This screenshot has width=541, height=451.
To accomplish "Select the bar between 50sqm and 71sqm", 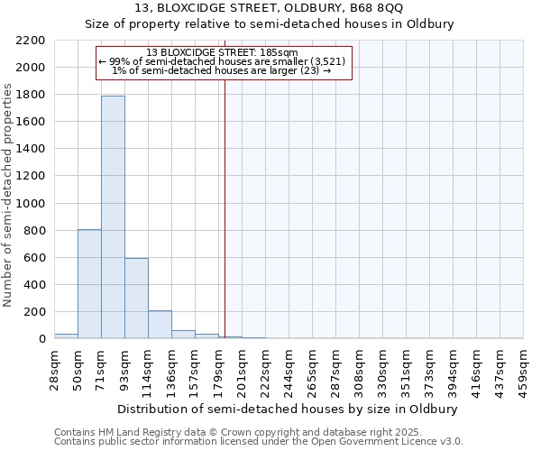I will point(89,284).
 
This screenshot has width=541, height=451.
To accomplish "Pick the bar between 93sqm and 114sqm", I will point(136,298).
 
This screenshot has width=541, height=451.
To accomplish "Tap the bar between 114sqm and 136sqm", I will point(160,325).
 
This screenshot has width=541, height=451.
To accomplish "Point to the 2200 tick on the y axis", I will point(32,41).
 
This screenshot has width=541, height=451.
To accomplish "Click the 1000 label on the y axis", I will point(32,204).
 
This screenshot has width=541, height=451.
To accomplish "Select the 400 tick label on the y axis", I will point(36,285).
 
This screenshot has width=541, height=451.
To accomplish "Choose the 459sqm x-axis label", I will point(524,370).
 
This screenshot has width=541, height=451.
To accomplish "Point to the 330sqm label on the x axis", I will point(383,370).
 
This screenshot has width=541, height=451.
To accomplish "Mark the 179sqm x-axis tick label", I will point(219,370).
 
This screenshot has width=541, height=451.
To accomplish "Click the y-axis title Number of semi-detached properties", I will point(8,195).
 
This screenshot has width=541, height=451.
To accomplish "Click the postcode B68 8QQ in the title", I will point(379,9).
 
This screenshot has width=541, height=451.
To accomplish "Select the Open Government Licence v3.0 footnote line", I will point(259,441).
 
